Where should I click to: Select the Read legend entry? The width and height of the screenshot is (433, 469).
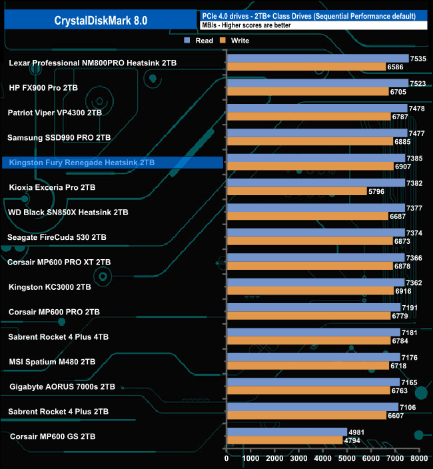click(200, 41)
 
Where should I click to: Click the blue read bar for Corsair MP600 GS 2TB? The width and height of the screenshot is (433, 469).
click(286, 432)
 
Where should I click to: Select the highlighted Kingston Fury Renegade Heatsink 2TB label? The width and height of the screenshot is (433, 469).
click(81, 163)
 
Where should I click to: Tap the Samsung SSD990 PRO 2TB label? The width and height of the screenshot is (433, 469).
click(59, 137)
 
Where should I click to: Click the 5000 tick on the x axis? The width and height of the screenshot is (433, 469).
click(346, 459)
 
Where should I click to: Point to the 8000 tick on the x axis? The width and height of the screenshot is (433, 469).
click(418, 459)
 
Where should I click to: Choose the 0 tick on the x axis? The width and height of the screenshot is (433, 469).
click(227, 459)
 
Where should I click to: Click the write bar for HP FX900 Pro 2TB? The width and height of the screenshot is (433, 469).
click(307, 91)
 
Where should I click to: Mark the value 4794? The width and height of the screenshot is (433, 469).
click(352, 440)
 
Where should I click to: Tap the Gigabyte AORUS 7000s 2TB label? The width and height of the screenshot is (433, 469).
click(63, 386)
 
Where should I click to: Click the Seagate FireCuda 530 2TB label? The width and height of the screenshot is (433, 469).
click(57, 237)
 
